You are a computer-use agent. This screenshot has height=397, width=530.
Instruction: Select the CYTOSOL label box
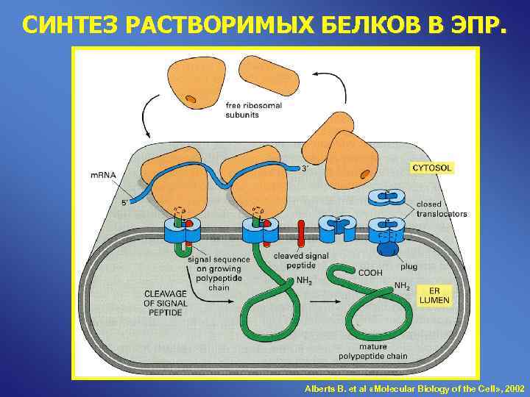tap(431, 168)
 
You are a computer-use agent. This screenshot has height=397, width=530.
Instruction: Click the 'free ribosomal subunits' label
tap(253, 110)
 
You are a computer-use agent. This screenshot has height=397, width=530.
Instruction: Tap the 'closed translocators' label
tap(441, 208)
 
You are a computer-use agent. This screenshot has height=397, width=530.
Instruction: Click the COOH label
tap(370, 271)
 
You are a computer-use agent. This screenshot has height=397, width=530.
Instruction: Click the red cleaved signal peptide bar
tap(300, 233)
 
